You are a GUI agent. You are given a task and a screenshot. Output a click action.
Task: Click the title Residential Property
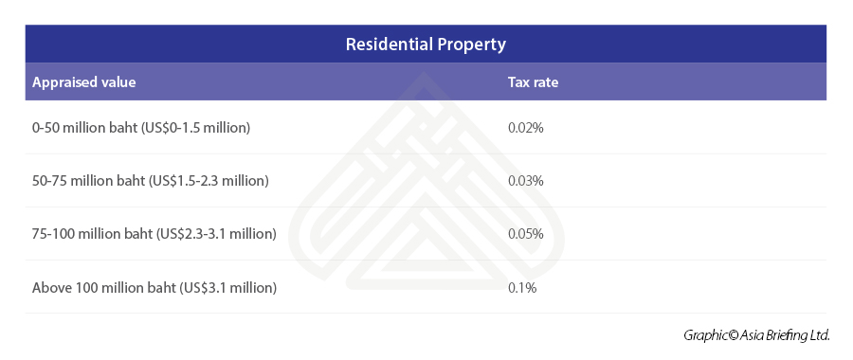tap(426, 45)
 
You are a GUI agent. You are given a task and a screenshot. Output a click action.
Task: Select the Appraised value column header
tap(83, 82)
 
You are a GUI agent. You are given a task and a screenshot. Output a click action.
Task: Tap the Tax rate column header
tap(533, 82)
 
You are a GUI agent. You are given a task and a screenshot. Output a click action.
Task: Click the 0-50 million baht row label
tap(141, 127)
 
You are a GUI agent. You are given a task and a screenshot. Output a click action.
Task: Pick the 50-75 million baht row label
tap(151, 180)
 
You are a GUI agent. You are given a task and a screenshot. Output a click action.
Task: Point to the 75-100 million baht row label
tap(154, 233)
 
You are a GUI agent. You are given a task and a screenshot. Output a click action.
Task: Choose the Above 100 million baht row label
tap(154, 287)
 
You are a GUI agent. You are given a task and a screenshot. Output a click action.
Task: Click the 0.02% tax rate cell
tap(526, 127)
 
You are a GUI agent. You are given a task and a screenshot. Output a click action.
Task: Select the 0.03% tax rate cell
tap(526, 180)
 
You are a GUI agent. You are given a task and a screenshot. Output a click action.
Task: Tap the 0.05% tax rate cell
tap(526, 233)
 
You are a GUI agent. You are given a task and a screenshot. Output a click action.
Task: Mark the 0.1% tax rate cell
tap(522, 287)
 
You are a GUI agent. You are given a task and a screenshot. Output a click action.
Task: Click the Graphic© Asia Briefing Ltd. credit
tap(756, 335)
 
